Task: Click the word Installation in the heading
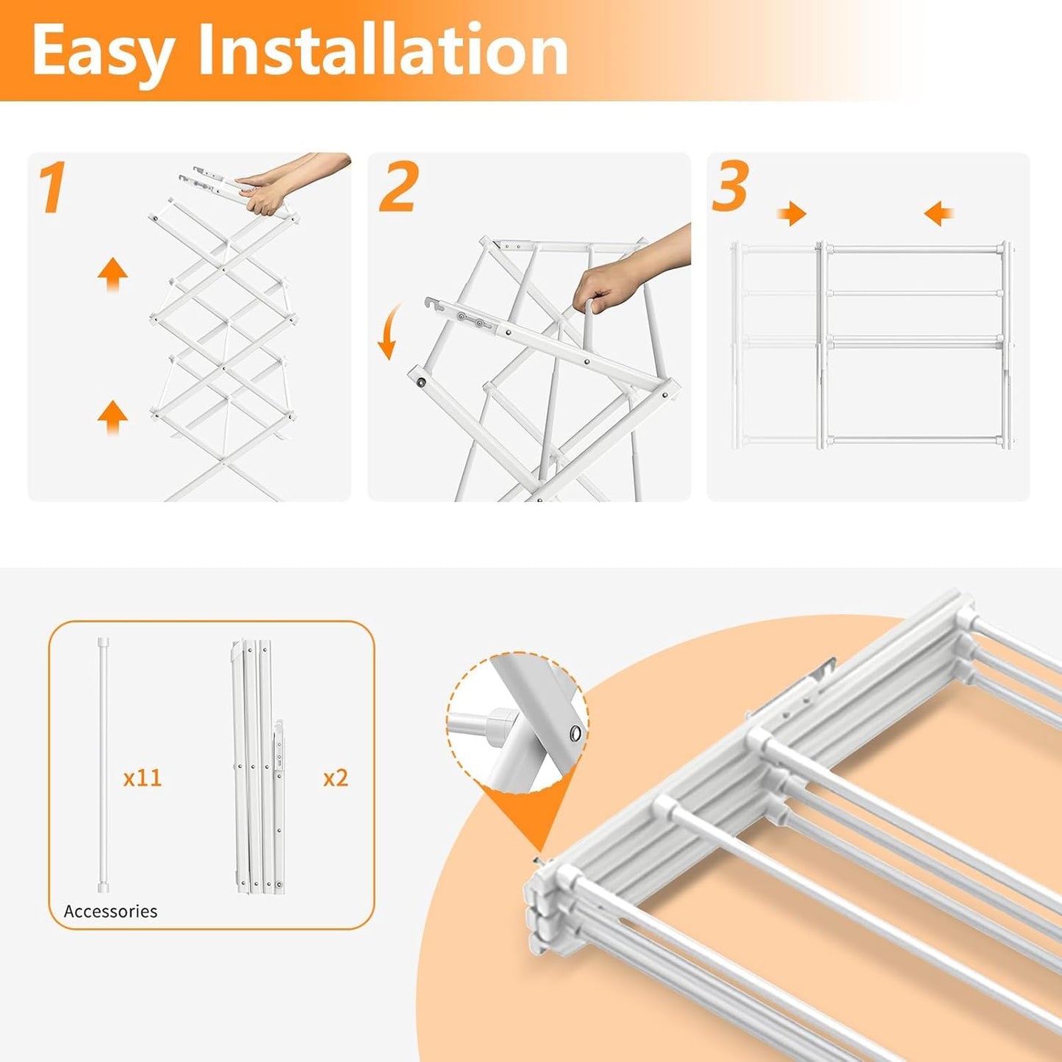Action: click(x=383, y=50)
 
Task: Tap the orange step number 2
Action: click(x=398, y=188)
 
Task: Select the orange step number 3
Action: click(x=730, y=187)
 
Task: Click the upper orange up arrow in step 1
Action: click(x=112, y=275)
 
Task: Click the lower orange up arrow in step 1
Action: click(x=112, y=417)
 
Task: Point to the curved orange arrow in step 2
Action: click(x=387, y=330)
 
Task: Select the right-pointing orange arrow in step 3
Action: click(x=792, y=214)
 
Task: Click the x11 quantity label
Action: click(x=142, y=778)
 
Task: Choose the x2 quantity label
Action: click(x=335, y=778)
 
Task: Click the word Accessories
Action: click(x=110, y=911)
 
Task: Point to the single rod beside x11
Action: click(x=103, y=764)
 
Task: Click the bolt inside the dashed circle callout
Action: click(x=575, y=733)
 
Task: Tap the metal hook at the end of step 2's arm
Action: click(x=433, y=304)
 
